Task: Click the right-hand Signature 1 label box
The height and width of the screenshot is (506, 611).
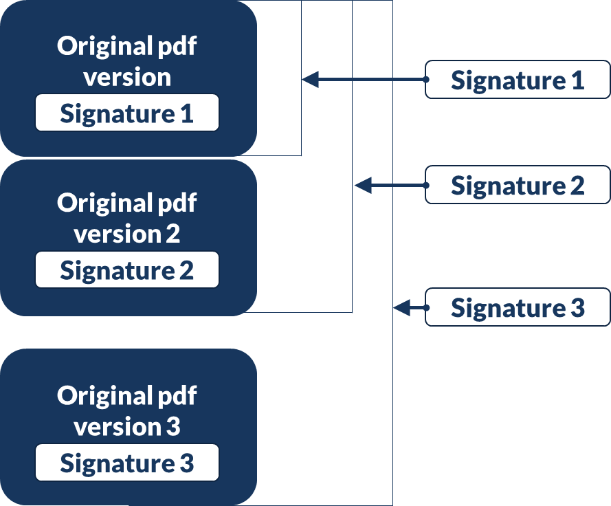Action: coord(518,80)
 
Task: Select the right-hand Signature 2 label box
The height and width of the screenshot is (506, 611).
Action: coord(518,185)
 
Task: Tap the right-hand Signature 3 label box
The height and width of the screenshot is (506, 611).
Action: coord(518,307)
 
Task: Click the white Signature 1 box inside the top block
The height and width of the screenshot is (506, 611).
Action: coord(127,113)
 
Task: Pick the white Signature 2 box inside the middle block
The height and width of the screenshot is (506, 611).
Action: coord(127,270)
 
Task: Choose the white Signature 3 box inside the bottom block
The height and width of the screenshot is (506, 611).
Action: coord(127,463)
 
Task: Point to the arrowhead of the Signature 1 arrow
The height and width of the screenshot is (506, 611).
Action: coord(310,80)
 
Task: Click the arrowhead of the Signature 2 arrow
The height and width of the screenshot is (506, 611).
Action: coord(362,185)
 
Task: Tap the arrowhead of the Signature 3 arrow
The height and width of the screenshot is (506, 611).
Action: coord(401,307)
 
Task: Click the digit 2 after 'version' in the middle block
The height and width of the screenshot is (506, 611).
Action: coord(173,234)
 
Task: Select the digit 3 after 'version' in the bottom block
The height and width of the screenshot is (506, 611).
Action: coord(173,426)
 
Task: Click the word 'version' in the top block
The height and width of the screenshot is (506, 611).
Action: coord(127,77)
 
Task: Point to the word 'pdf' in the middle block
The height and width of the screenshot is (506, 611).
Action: coord(177,204)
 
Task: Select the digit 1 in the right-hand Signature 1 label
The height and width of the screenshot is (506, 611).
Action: coord(577,80)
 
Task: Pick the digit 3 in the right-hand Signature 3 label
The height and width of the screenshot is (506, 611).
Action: coord(577,308)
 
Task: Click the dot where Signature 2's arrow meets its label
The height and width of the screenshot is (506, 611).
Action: coord(426,185)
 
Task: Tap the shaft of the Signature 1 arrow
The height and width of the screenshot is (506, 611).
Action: coord(371,80)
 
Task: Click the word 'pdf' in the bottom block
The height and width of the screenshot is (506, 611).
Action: coord(177,397)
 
